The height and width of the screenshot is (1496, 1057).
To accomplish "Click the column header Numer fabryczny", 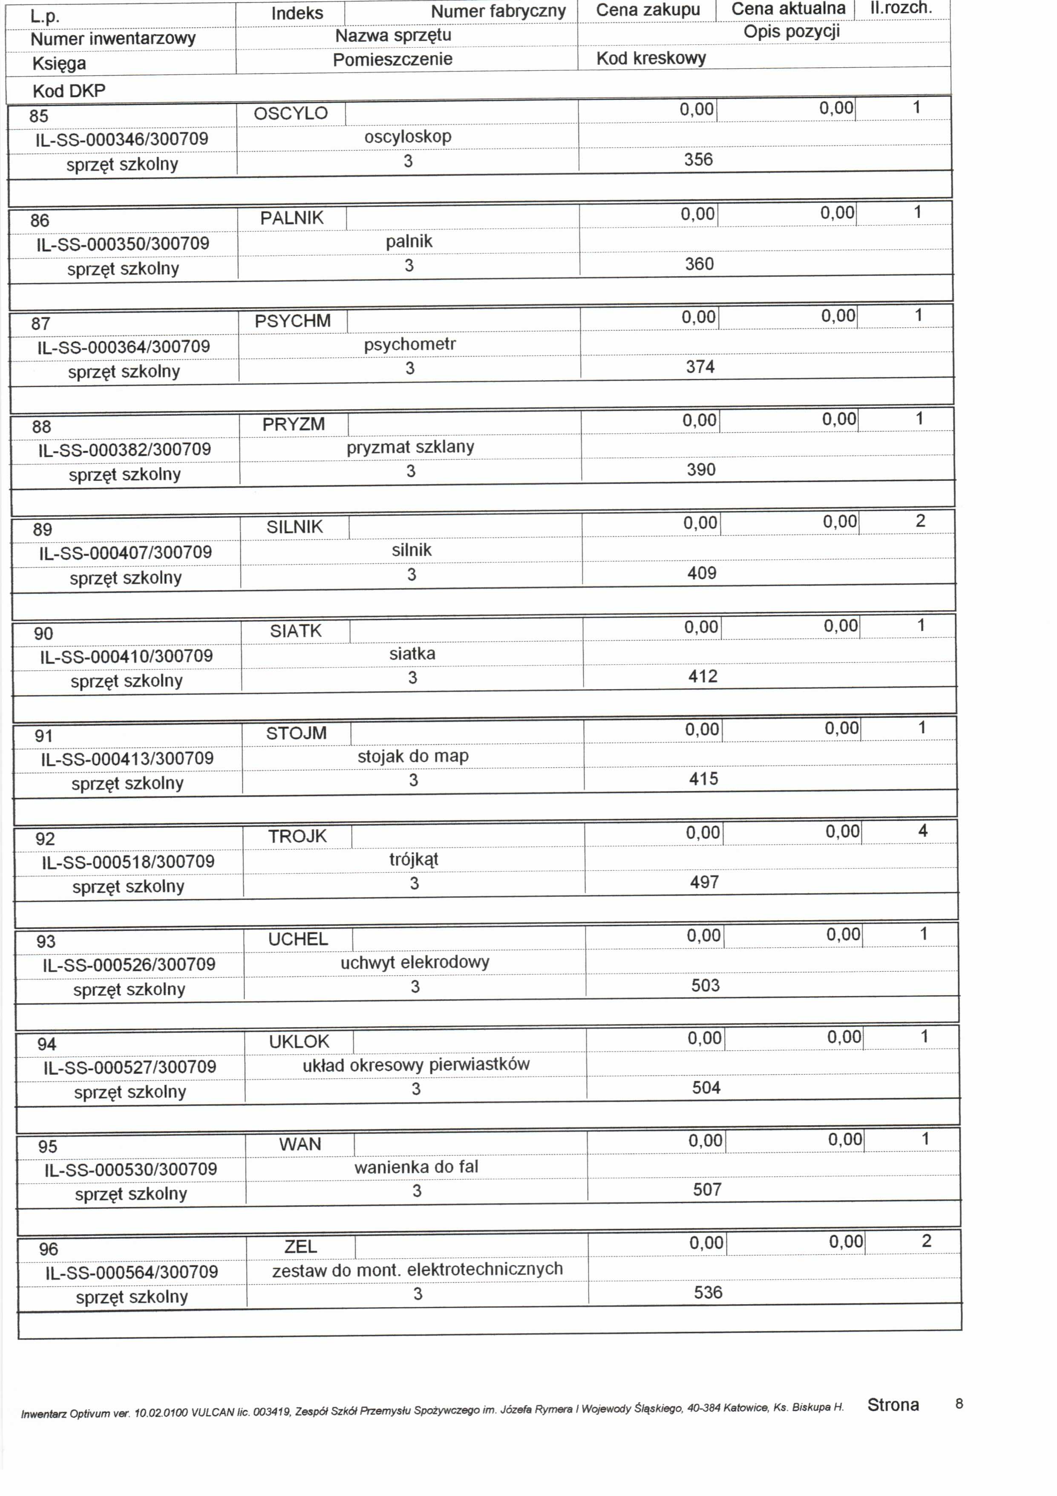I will [498, 11].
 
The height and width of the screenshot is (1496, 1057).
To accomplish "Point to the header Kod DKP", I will [69, 90].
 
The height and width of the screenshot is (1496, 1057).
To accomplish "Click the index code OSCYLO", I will [291, 113].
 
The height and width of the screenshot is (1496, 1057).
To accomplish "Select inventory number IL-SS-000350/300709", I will [122, 244].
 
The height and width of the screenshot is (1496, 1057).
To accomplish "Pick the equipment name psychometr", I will [410, 344].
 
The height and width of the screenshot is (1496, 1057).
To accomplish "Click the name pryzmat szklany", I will [410, 447].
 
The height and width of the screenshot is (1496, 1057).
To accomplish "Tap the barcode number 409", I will [701, 573].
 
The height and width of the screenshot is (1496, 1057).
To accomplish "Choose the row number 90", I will [43, 633].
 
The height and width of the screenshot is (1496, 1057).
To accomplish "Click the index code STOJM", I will [297, 733].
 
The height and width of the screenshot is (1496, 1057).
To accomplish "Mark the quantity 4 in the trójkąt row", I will [922, 831].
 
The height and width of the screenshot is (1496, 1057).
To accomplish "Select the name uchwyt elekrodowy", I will [415, 962].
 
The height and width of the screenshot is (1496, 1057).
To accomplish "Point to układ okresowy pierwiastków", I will [416, 1065].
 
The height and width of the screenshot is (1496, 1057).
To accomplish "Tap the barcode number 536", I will [708, 1293].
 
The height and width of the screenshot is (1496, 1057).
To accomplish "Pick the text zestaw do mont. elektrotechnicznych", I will [418, 1269].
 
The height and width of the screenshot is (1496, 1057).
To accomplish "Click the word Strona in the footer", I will [893, 1406].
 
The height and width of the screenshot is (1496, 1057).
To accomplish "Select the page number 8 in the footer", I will [959, 1404].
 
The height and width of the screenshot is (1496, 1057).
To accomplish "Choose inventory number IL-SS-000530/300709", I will [131, 1170].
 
